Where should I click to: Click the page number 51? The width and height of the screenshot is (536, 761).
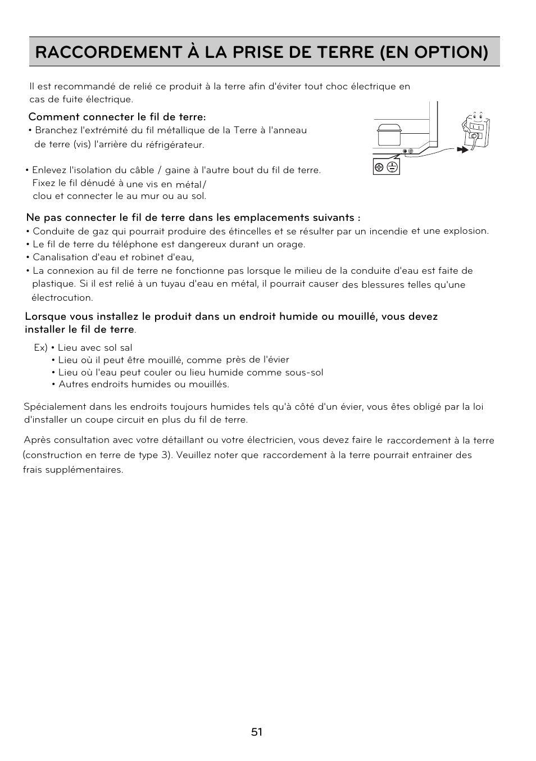(x=257, y=732)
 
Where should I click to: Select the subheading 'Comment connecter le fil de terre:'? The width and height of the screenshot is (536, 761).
(x=117, y=117)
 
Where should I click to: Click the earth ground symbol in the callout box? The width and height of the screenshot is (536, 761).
(x=392, y=167)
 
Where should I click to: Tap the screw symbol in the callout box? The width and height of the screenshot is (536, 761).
(x=379, y=167)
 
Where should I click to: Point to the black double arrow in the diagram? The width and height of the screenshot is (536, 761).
(x=462, y=150)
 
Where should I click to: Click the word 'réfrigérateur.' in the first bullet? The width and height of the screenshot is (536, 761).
(x=175, y=145)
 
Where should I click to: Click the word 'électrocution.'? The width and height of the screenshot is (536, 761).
(x=62, y=297)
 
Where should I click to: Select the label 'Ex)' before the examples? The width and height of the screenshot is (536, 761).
(x=40, y=348)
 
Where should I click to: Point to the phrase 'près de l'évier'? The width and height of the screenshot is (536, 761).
(x=257, y=360)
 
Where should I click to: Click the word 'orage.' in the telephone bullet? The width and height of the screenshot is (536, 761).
(x=292, y=244)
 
